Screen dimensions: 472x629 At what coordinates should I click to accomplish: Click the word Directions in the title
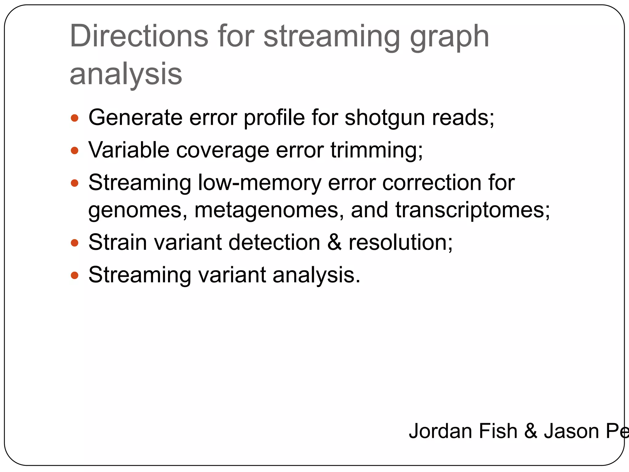[139, 36]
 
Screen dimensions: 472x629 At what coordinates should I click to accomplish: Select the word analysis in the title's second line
[126, 74]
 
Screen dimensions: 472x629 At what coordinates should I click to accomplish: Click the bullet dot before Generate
[75, 118]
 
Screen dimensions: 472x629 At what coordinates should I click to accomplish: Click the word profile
[274, 118]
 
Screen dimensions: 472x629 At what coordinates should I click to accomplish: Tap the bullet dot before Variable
[75, 151]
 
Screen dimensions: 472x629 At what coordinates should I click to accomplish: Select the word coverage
[223, 151]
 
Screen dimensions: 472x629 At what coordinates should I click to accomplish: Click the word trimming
[376, 151]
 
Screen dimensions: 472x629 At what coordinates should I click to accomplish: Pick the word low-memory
[259, 183]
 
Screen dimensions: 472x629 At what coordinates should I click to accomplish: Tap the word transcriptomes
[472, 210]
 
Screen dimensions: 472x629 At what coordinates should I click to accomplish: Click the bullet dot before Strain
[75, 243]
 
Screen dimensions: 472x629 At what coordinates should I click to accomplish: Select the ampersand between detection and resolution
[334, 242]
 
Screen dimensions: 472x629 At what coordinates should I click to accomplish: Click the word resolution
[400, 242]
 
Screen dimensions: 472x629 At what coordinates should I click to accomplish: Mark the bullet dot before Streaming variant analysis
[75, 275]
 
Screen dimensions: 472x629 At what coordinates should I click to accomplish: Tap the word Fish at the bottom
[498, 431]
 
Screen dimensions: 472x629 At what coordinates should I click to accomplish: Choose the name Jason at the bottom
[571, 431]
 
